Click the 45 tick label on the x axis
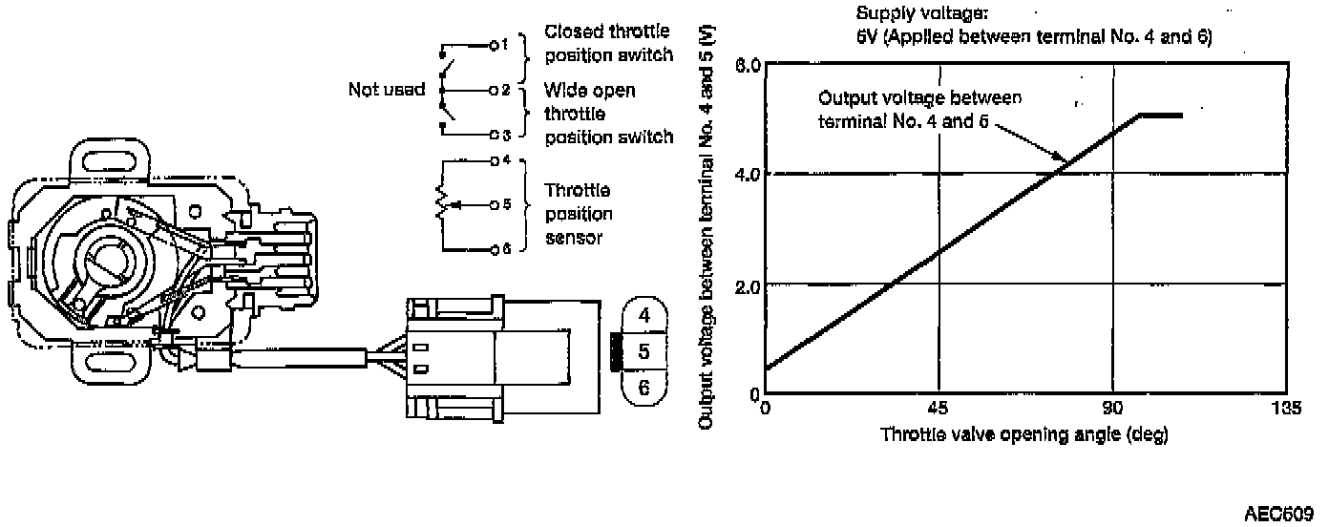tap(939, 410)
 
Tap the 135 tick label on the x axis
tap(1287, 410)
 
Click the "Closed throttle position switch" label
tap(608, 44)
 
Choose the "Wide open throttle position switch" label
tap(607, 114)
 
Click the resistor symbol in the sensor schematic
tap(441, 204)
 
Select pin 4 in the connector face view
tap(644, 315)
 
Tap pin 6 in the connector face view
tap(644, 387)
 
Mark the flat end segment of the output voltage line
tap(1161, 115)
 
